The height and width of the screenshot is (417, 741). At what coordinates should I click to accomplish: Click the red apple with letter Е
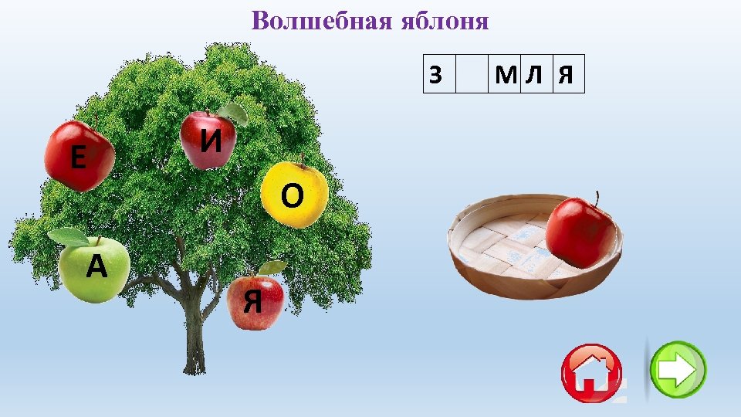(x=78, y=156)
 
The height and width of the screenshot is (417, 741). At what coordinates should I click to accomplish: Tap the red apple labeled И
(x=208, y=140)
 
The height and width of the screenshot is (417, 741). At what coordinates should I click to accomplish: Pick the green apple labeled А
(x=95, y=268)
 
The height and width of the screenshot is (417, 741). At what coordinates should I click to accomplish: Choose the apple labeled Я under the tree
(x=255, y=302)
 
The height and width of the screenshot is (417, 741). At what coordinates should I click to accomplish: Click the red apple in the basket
(x=580, y=230)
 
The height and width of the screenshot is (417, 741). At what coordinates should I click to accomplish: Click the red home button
(x=592, y=372)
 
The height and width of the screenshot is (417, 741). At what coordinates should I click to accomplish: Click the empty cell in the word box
(x=472, y=74)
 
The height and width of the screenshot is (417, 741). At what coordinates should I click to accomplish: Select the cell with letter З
(x=439, y=74)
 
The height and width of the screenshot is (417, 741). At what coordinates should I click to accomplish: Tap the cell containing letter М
(x=506, y=74)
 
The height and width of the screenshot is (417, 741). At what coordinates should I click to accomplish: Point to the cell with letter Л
(x=536, y=74)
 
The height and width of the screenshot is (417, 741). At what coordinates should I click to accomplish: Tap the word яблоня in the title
(x=445, y=21)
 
